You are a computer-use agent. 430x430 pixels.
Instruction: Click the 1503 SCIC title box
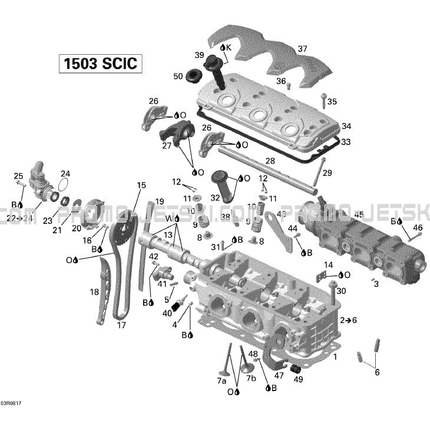point(101,63)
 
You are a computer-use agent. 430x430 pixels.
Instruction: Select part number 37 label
point(302,48)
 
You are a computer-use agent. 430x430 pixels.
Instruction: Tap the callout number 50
point(178,76)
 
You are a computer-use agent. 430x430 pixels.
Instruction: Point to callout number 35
point(332,102)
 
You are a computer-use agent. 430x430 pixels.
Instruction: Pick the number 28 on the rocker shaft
point(270,161)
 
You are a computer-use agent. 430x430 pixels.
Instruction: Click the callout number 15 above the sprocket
point(141,186)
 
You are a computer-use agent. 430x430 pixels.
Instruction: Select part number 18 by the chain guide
point(94,292)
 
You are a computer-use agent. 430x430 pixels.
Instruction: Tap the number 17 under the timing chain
point(121,325)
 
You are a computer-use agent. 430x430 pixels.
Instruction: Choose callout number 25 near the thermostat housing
point(18,176)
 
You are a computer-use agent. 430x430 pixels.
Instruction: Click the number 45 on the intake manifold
point(358,214)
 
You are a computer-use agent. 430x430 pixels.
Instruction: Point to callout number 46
point(418,227)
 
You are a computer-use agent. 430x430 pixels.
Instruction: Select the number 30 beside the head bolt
point(341,291)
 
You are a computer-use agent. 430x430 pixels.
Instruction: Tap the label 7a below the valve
point(221,381)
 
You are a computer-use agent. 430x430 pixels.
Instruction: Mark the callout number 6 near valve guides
point(377,372)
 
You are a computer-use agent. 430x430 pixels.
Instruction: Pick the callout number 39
point(200,55)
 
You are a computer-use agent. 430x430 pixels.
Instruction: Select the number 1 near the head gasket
point(335,357)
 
